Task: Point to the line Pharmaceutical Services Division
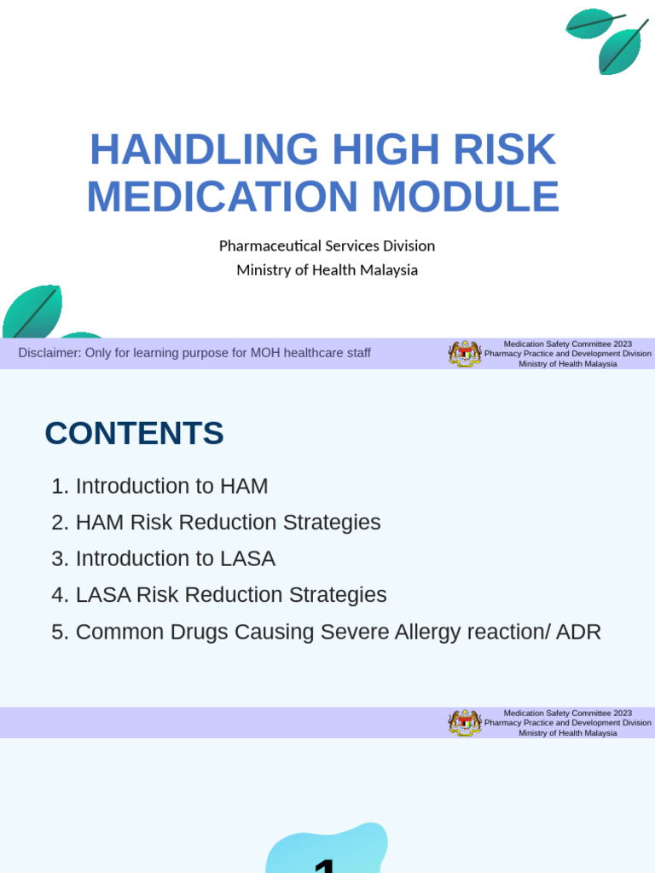pyautogui.click(x=327, y=246)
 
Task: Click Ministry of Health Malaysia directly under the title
pyautogui.click(x=327, y=270)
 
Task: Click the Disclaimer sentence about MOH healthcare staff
pyautogui.click(x=194, y=353)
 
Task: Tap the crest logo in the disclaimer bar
pyautogui.click(x=465, y=353)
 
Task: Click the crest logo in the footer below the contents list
pyautogui.click(x=465, y=722)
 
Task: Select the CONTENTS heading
pyautogui.click(x=134, y=433)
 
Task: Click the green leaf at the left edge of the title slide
pyautogui.click(x=32, y=311)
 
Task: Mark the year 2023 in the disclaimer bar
pyautogui.click(x=621, y=344)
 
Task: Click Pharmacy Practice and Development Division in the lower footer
pyautogui.click(x=567, y=722)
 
